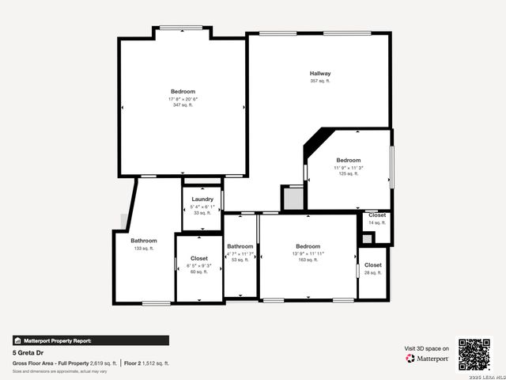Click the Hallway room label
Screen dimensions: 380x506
coord(320,74)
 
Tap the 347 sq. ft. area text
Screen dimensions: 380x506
coord(183,104)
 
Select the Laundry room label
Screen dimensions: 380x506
coord(202,199)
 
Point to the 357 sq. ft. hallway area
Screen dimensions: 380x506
coord(320,81)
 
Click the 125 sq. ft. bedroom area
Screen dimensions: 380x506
coord(348,173)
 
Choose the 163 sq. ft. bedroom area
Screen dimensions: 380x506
coord(308,259)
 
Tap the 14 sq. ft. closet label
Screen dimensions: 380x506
coord(377,222)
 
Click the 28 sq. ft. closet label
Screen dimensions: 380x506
coord(373,272)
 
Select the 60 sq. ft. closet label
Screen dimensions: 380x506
coord(198,272)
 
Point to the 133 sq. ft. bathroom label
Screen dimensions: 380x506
coord(144,248)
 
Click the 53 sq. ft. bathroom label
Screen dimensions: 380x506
coord(240,260)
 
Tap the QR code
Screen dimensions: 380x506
coord(474,354)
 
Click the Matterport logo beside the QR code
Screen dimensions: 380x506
coord(428,358)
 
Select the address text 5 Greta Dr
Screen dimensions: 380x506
coord(28,353)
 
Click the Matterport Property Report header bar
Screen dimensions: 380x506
coord(90,340)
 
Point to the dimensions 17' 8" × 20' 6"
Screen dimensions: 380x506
coord(183,98)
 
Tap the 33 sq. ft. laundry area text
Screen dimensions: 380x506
coord(202,213)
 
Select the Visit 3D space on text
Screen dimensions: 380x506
coord(427,348)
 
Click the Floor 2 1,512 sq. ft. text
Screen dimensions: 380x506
coord(147,363)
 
